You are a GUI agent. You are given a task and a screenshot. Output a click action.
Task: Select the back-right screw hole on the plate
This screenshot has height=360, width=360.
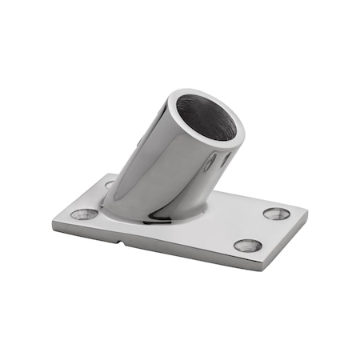click(x=277, y=214)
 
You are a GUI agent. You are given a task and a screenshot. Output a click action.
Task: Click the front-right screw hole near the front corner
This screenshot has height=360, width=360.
click(x=248, y=245)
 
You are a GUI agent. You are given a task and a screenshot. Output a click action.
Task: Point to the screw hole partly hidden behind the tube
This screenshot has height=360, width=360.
click(x=110, y=184)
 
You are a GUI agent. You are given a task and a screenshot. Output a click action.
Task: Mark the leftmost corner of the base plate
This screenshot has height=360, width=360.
click(x=54, y=225)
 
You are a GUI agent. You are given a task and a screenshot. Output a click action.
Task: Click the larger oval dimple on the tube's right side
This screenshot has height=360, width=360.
click(x=210, y=165)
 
